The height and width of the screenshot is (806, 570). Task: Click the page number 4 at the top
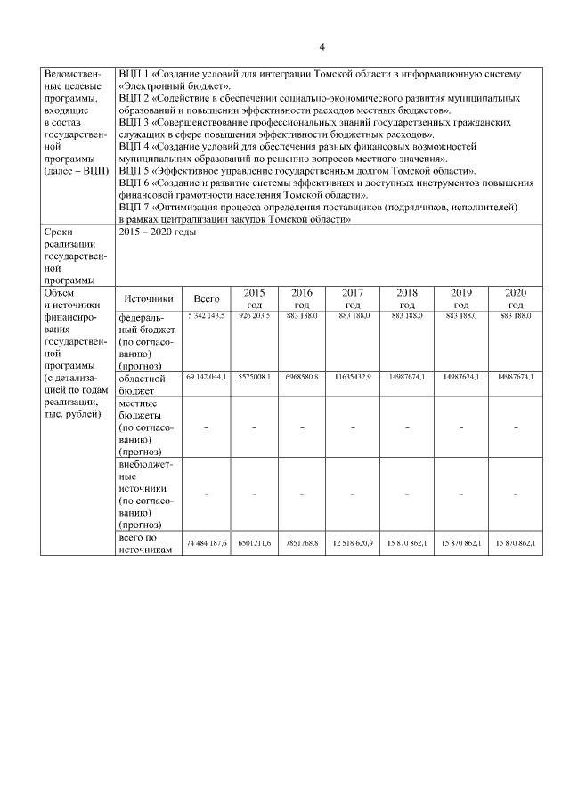pyautogui.click(x=322, y=46)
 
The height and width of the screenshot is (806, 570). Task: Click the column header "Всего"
pyautogui.click(x=207, y=298)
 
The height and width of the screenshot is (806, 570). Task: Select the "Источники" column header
pyautogui.click(x=148, y=298)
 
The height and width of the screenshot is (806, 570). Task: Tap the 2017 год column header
pyautogui.click(x=353, y=298)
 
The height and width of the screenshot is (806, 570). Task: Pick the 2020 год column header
pyautogui.click(x=516, y=298)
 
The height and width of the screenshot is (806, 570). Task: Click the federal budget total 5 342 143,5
pyautogui.click(x=207, y=316)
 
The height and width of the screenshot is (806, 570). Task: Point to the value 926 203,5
pyautogui.click(x=254, y=316)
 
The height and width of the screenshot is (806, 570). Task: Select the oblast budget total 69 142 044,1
pyautogui.click(x=207, y=377)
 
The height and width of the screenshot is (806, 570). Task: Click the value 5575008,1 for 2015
pyautogui.click(x=254, y=377)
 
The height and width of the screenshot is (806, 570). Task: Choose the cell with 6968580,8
pyautogui.click(x=302, y=377)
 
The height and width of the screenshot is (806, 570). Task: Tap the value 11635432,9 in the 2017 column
pyautogui.click(x=353, y=377)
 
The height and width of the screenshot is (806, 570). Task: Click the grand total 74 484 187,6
pyautogui.click(x=207, y=542)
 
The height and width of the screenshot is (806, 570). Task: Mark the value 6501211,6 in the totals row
pyautogui.click(x=254, y=542)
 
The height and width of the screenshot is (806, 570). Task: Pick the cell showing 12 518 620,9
pyautogui.click(x=353, y=542)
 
